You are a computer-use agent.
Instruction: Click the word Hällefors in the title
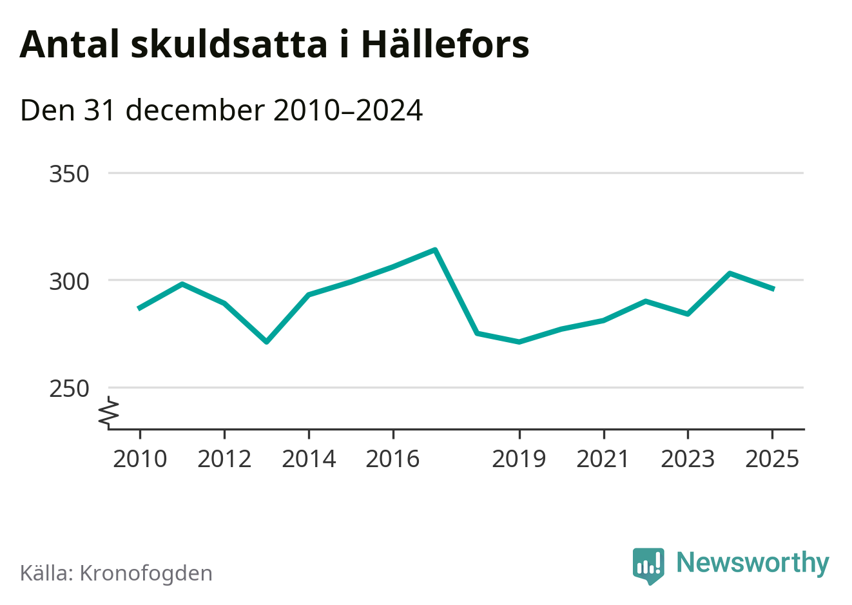click(x=445, y=44)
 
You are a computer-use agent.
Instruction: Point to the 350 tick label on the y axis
click(x=69, y=174)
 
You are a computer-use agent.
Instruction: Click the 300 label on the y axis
click(x=69, y=282)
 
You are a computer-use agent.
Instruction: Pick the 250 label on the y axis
click(x=69, y=389)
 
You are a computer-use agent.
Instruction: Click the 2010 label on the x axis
click(x=140, y=459)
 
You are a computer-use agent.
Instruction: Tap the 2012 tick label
click(x=224, y=459)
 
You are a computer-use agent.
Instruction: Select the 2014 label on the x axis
click(x=309, y=459)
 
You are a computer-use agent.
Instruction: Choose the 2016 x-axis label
click(x=392, y=459)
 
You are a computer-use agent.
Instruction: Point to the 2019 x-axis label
click(x=519, y=459)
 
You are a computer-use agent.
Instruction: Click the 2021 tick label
click(x=603, y=459)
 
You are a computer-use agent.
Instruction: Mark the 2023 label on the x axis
click(x=688, y=459)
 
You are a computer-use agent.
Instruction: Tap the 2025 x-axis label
click(x=772, y=459)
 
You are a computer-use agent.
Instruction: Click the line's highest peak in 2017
click(x=435, y=250)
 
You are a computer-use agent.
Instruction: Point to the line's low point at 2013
click(x=266, y=341)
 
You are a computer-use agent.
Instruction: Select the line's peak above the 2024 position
click(x=730, y=273)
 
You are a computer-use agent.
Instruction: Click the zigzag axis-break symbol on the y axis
click(x=110, y=412)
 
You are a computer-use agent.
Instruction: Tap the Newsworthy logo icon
click(x=648, y=566)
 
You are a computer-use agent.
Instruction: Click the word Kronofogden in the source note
click(x=146, y=573)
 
